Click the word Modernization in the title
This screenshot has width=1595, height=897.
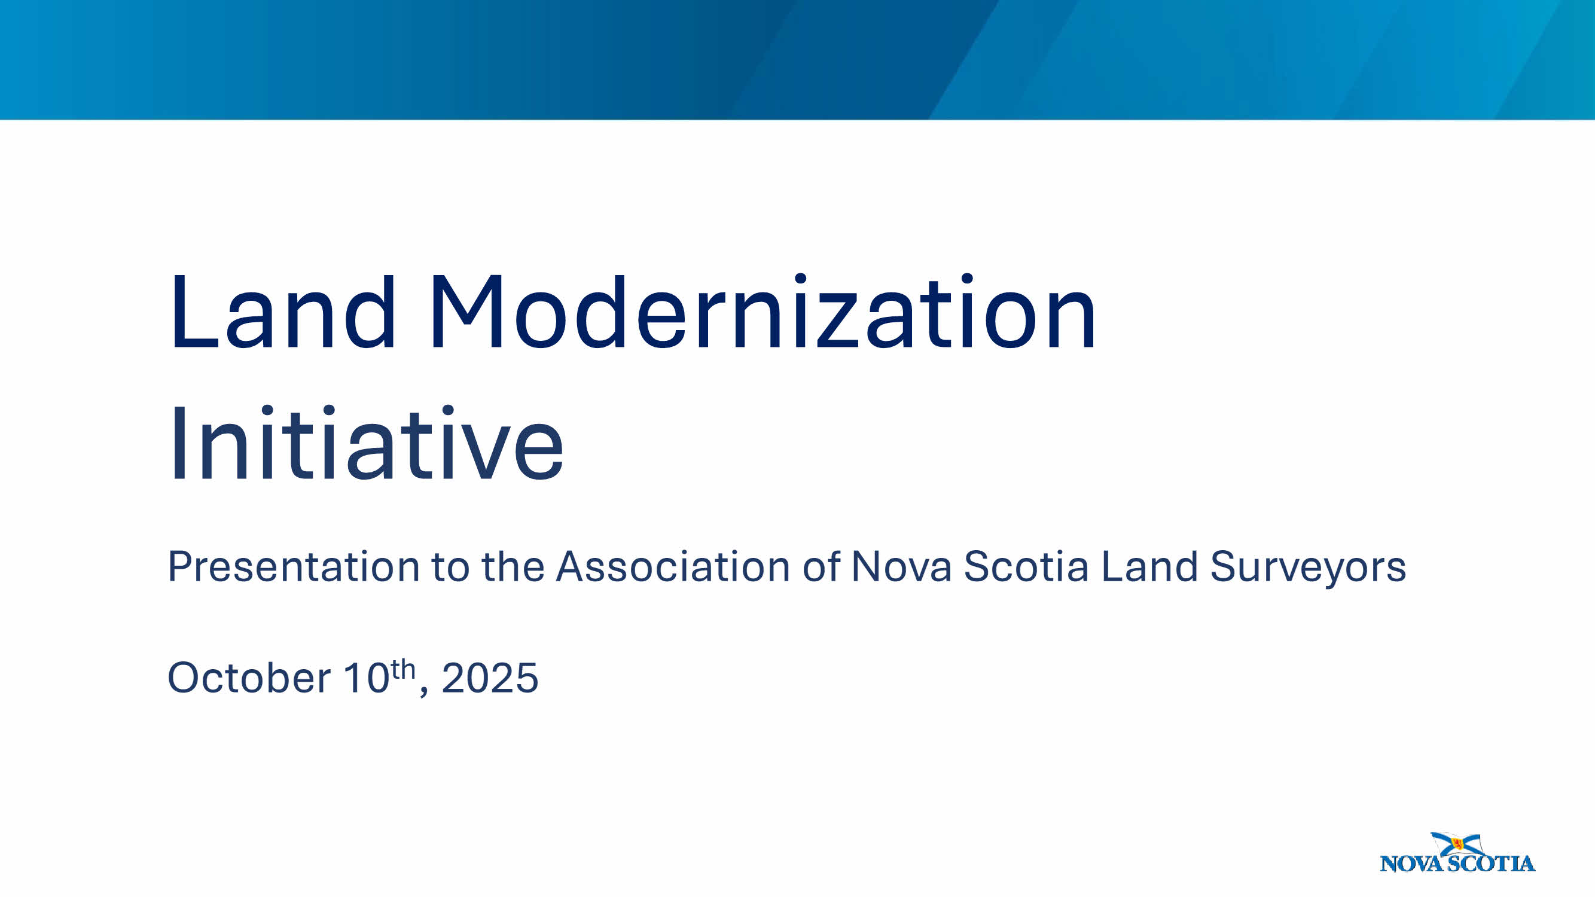pyautogui.click(x=764, y=312)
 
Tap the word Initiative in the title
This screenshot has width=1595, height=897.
pyautogui.click(x=366, y=442)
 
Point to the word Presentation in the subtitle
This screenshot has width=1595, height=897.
pyautogui.click(x=294, y=566)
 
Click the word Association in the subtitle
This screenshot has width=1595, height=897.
pyautogui.click(x=673, y=566)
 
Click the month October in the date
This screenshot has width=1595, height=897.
pyautogui.click(x=249, y=678)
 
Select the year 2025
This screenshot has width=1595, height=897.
pyautogui.click(x=490, y=678)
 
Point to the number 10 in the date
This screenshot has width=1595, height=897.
pyautogui.click(x=366, y=678)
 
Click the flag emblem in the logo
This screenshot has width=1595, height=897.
pyautogui.click(x=1456, y=844)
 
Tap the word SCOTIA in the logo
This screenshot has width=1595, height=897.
pyautogui.click(x=1492, y=864)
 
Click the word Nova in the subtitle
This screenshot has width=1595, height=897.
pyautogui.click(x=901, y=566)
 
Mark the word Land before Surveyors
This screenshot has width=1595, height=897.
pyautogui.click(x=1149, y=566)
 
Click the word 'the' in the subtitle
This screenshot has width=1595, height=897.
pyautogui.click(x=513, y=566)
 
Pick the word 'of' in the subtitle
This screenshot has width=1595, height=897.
pyautogui.click(x=822, y=566)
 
